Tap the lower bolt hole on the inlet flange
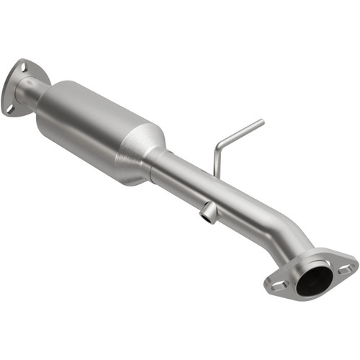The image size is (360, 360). click(10, 109)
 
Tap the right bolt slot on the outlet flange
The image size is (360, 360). click(345, 268)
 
